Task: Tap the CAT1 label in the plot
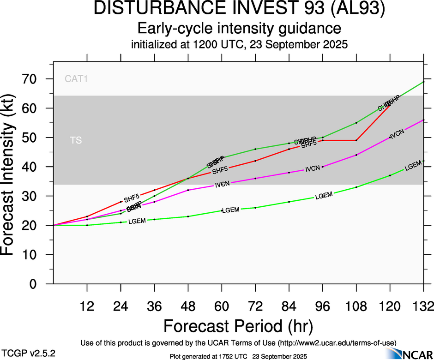[76, 79]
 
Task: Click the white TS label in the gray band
[76, 140]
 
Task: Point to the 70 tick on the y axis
[33, 79]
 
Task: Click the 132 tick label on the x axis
[423, 306]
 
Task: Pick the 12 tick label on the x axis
[87, 306]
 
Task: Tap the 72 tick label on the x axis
[255, 306]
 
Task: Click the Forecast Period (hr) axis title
[238, 326]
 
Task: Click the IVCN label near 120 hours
[397, 134]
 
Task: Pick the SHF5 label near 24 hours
[132, 199]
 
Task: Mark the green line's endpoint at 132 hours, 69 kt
[423, 82]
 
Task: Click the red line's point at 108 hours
[356, 140]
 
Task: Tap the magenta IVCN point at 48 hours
[188, 190]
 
